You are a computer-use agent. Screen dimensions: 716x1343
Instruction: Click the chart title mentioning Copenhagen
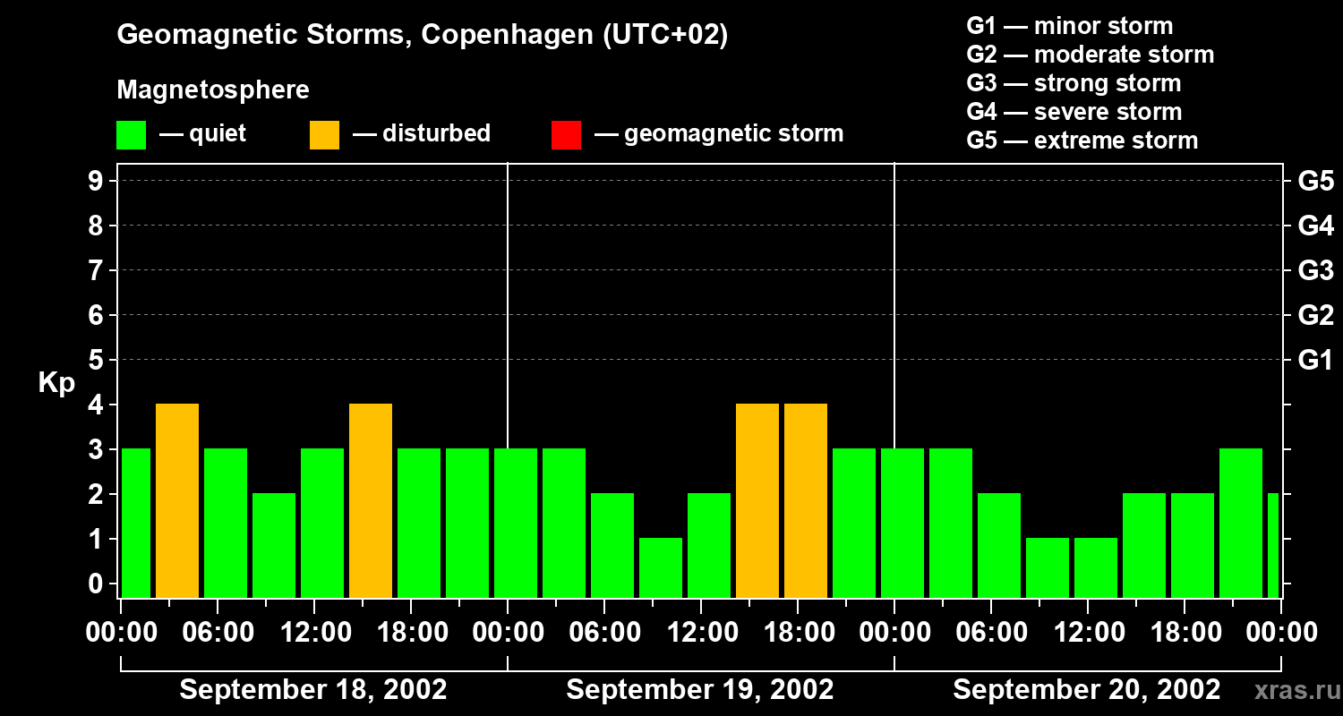click(422, 35)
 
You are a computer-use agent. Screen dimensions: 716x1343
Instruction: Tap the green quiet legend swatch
click(131, 134)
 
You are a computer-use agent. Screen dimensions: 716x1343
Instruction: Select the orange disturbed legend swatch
click(324, 134)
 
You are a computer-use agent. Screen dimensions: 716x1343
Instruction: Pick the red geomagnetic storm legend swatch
click(566, 134)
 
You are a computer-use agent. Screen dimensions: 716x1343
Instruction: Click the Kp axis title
click(56, 383)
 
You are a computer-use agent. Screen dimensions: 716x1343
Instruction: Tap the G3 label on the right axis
click(1315, 270)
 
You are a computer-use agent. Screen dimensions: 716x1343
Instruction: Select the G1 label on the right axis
click(1315, 360)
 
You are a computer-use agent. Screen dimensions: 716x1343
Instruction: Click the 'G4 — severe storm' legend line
click(1074, 112)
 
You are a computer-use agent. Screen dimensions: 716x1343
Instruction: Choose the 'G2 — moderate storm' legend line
click(1090, 55)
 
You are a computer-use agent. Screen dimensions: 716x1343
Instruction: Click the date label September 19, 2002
click(700, 690)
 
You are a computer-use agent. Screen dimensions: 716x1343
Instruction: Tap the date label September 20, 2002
click(1086, 690)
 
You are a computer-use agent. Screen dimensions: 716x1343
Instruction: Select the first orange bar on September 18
click(177, 501)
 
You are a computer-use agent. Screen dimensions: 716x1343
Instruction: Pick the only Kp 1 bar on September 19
click(661, 567)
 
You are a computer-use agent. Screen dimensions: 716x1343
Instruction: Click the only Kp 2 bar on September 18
click(274, 545)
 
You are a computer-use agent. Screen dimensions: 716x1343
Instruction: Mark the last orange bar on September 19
click(806, 501)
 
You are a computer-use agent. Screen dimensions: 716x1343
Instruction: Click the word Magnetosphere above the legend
click(213, 90)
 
